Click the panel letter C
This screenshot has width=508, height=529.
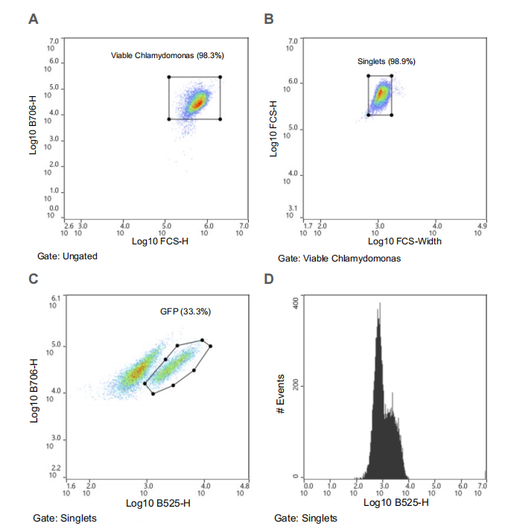pyautogui.click(x=33, y=279)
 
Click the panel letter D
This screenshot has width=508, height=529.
pyautogui.click(x=269, y=279)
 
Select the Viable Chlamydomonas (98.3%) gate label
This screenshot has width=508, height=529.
pyautogui.click(x=168, y=55)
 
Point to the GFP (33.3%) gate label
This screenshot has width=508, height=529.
pyautogui.click(x=185, y=311)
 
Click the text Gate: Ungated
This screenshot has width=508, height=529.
pyautogui.click(x=68, y=256)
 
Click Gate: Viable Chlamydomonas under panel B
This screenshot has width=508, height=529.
pyautogui.click(x=340, y=259)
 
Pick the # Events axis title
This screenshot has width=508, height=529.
pyautogui.click(x=280, y=395)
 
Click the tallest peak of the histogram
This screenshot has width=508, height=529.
pyautogui.click(x=380, y=304)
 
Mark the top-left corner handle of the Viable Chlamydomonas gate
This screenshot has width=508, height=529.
pyautogui.click(x=169, y=77)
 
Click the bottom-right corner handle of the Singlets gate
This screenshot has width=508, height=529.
pyautogui.click(x=392, y=115)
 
